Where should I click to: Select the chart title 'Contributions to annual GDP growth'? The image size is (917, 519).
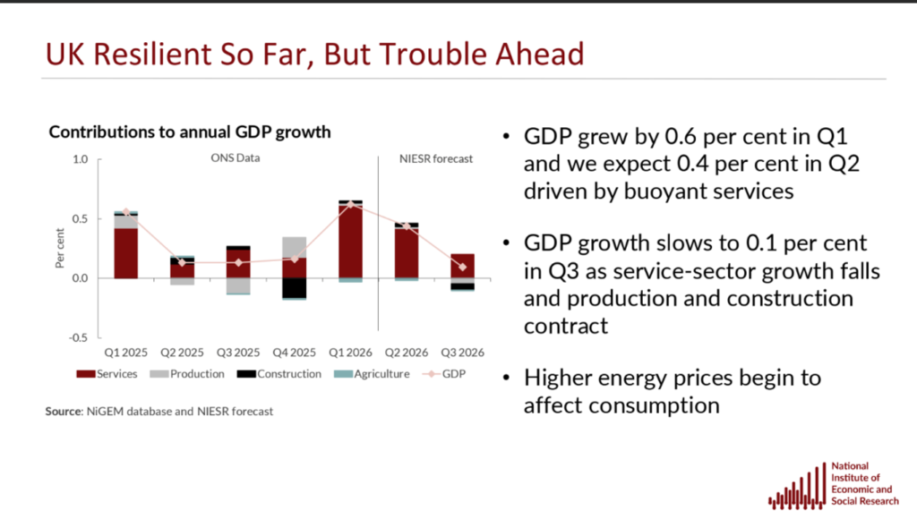(x=190, y=132)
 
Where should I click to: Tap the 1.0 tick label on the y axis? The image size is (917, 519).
(x=80, y=159)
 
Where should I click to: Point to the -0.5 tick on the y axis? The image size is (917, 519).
(x=79, y=338)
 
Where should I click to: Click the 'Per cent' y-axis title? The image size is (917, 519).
(x=60, y=249)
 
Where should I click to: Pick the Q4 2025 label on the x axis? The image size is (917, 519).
(x=294, y=353)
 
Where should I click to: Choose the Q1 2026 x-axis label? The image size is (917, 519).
(x=350, y=353)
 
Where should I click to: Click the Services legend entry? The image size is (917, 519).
(x=107, y=374)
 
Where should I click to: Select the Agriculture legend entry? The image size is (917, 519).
(x=372, y=374)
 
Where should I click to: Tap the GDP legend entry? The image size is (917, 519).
(x=444, y=374)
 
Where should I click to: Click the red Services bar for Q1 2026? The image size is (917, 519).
(x=350, y=241)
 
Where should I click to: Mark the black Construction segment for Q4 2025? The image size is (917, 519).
(x=294, y=288)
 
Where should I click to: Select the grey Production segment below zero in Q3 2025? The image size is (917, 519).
(x=238, y=285)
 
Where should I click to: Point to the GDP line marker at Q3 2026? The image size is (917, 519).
(x=463, y=267)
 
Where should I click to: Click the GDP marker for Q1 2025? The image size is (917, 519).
(x=125, y=212)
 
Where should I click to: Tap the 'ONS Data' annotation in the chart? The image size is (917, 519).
(x=236, y=158)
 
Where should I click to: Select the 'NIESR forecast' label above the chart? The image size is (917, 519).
(x=436, y=159)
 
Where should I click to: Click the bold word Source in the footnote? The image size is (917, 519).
(x=64, y=412)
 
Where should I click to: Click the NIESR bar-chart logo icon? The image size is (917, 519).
(x=797, y=486)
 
